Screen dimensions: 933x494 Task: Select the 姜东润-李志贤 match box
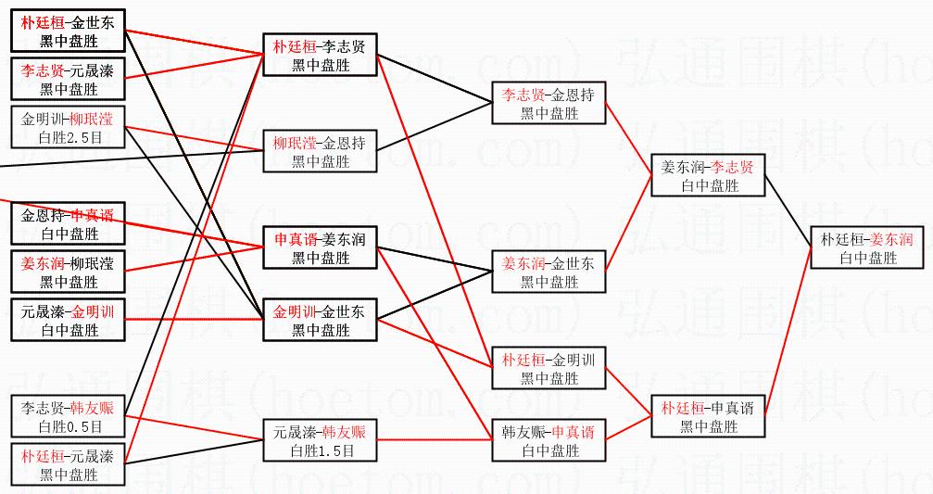(708, 176)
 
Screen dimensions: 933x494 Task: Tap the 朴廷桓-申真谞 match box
(708, 417)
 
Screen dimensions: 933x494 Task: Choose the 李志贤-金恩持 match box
(548, 103)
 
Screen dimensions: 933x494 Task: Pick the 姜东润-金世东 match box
(548, 272)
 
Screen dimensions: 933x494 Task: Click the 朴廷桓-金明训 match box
(548, 368)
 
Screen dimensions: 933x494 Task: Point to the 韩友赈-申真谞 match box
(548, 441)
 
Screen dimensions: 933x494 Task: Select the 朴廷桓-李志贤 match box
(320, 55)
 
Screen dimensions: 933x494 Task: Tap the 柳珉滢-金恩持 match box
(320, 152)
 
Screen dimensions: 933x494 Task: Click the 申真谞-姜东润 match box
(320, 248)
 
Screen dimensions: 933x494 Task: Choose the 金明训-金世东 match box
(320, 321)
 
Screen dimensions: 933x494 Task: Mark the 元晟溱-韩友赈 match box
(320, 441)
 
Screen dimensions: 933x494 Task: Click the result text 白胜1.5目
(320, 451)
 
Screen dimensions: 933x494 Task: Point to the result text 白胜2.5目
(69, 138)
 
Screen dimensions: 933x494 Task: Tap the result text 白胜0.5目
(69, 427)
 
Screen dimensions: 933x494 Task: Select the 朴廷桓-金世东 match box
(69, 32)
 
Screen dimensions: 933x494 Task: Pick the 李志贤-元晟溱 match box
(69, 80)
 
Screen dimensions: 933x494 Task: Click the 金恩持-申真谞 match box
(69, 224)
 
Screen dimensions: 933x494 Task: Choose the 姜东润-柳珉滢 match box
(69, 272)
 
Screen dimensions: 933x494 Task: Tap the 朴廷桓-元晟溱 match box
(69, 465)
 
